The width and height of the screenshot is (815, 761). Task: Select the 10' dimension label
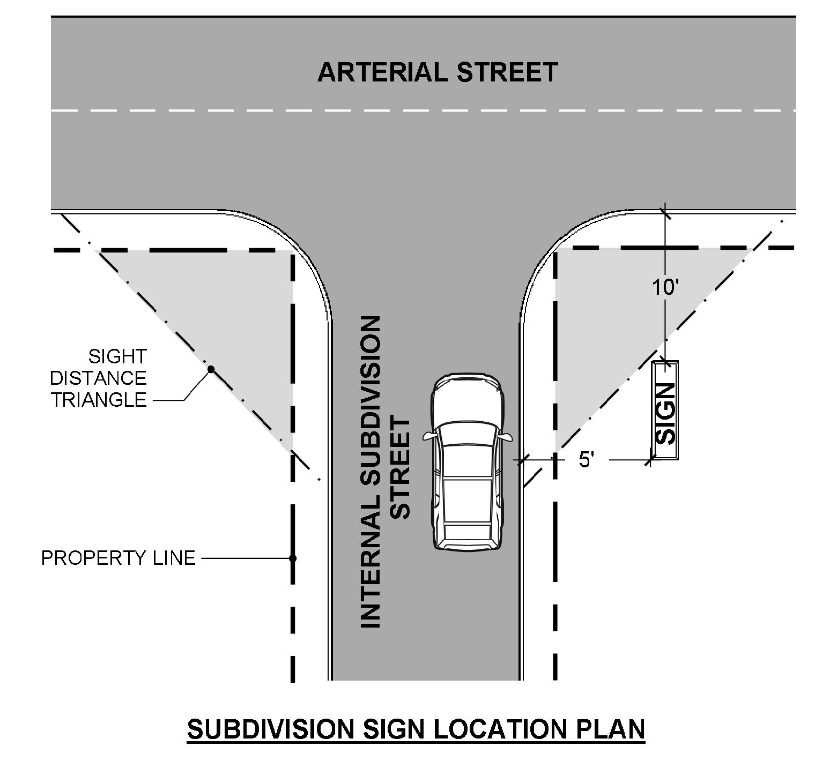pos(665,287)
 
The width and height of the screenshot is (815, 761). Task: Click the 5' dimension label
pos(587,460)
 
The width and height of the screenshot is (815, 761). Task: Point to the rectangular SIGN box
pos(665,411)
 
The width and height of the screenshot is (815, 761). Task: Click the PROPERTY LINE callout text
pos(118,558)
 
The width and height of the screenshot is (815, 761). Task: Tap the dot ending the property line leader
pos(293,558)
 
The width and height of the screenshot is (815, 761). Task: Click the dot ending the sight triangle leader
pos(211,369)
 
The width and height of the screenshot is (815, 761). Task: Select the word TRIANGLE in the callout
pos(99,400)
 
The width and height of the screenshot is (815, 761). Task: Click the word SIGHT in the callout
pos(117,356)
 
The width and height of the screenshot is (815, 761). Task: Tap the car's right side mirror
pos(506,437)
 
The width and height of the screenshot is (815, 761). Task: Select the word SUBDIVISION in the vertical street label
pos(370,407)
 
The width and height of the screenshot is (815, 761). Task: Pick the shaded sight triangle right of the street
pos(606,322)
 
